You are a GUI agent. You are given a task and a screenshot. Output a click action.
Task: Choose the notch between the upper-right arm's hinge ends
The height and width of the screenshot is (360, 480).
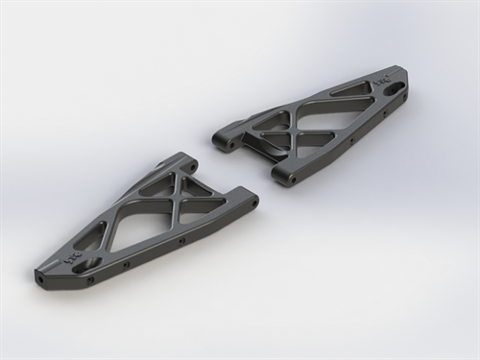252,154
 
